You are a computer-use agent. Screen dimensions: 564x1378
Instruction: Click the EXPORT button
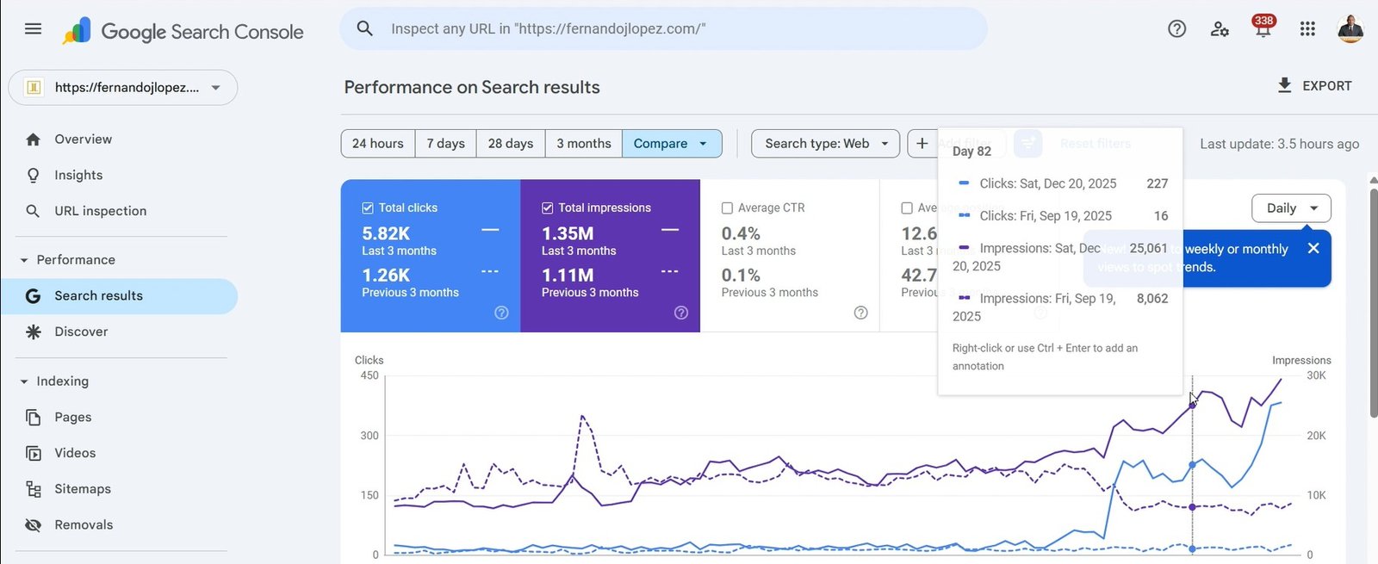[x=1314, y=86]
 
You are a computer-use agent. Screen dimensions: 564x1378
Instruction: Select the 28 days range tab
[x=510, y=144]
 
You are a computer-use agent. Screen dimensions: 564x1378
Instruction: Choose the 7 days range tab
[x=445, y=144]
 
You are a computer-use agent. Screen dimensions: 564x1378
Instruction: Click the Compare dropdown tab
[x=671, y=144]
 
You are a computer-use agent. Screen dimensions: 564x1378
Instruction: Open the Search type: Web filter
[x=825, y=144]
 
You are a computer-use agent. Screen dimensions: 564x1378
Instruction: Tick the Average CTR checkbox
[x=727, y=208]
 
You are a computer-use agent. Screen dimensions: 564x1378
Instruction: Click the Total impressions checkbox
[x=547, y=208]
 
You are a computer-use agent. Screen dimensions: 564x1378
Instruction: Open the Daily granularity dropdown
[x=1290, y=208]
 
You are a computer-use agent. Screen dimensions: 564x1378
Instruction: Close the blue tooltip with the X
[x=1313, y=249]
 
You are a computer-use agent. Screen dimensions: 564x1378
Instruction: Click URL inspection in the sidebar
[x=100, y=211]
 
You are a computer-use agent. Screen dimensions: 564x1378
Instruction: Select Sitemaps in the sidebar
[x=82, y=489]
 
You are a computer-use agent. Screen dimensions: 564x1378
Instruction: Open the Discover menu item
[x=81, y=332]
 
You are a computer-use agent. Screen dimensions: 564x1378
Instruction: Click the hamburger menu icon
[x=33, y=29]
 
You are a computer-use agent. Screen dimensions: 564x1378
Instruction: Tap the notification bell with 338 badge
[x=1263, y=29]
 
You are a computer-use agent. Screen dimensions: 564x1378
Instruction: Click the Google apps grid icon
[x=1307, y=29]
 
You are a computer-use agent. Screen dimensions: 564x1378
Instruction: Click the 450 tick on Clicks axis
[x=369, y=375]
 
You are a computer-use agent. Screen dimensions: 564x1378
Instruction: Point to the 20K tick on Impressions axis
[x=1316, y=436]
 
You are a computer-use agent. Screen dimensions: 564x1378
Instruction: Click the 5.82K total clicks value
[x=386, y=233]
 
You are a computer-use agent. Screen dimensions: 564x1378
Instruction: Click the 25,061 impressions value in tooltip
[x=1148, y=249]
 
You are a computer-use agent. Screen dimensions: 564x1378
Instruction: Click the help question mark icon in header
[x=1176, y=29]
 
